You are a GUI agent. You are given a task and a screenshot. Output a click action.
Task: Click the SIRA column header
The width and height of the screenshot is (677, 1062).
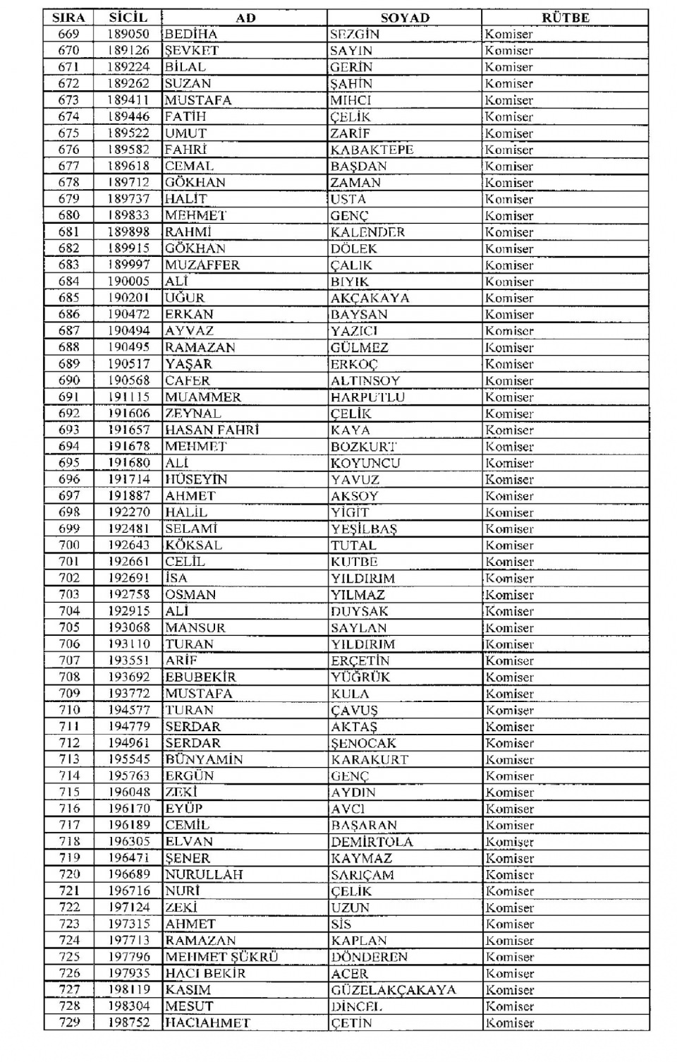pyautogui.click(x=68, y=18)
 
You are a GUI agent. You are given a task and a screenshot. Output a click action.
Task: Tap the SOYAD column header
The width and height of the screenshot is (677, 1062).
pyautogui.click(x=405, y=18)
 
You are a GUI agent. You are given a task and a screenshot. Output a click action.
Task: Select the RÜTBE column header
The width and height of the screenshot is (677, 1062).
pyautogui.click(x=566, y=18)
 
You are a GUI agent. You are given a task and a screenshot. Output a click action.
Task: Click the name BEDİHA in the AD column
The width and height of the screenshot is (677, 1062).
pyautogui.click(x=191, y=34)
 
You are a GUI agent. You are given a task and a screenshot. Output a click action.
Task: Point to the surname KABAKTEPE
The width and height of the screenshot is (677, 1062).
pyautogui.click(x=372, y=150)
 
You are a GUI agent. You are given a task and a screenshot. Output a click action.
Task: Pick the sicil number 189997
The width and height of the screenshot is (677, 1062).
pyautogui.click(x=129, y=265)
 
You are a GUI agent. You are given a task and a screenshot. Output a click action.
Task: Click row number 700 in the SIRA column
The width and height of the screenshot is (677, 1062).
pyautogui.click(x=69, y=545)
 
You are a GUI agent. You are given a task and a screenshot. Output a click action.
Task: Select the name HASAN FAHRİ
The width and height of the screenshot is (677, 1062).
pyautogui.click(x=212, y=430)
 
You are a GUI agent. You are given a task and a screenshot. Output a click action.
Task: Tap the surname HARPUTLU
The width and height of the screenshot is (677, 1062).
pyautogui.click(x=367, y=397)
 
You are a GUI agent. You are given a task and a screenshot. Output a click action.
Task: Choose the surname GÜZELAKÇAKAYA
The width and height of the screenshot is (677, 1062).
pyautogui.click(x=394, y=990)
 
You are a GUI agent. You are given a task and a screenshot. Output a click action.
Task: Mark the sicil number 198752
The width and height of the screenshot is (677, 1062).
pyautogui.click(x=129, y=1022)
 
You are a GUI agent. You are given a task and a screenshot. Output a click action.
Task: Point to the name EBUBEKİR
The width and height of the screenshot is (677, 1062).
pyautogui.click(x=200, y=677)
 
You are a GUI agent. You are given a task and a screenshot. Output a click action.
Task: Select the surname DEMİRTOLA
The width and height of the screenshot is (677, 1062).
pyautogui.click(x=372, y=842)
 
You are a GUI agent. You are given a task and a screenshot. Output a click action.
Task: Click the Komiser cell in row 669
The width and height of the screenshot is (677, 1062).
pyautogui.click(x=508, y=34)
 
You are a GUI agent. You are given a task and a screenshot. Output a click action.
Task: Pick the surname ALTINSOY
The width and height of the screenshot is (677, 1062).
pyautogui.click(x=365, y=380)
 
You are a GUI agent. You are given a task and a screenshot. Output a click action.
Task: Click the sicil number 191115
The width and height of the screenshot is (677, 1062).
pyautogui.click(x=129, y=397)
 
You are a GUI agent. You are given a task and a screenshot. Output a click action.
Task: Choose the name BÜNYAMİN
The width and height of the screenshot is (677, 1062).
pyautogui.click(x=204, y=759)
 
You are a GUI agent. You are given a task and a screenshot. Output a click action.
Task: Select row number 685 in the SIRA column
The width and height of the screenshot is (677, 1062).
pyautogui.click(x=69, y=298)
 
